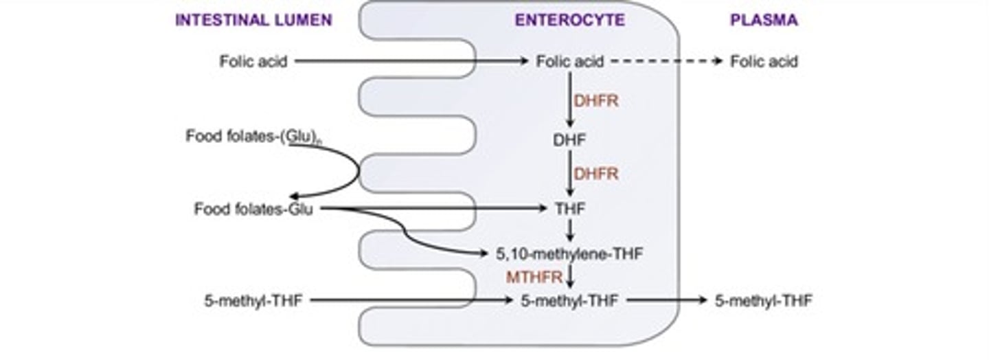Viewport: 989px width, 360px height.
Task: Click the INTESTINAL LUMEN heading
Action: pos(253,21)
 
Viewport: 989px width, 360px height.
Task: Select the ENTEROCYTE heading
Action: pos(570,21)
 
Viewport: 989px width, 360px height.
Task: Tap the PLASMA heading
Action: pos(764,21)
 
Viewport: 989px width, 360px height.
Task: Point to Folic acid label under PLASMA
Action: pos(764,62)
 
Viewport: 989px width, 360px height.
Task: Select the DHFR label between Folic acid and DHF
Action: pos(596,101)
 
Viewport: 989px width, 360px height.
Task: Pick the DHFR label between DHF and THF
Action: pos(596,174)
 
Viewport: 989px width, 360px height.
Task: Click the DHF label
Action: pos(569,140)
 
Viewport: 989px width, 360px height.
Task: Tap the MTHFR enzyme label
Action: pos(535,278)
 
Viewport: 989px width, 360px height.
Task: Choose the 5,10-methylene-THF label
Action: pos(569,254)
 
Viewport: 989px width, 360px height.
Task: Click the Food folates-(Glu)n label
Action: pos(254,137)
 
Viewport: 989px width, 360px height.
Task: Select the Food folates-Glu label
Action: pos(253,209)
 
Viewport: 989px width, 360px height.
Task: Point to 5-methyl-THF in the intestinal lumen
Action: pos(253,300)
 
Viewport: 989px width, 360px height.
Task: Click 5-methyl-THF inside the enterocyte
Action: pos(569,300)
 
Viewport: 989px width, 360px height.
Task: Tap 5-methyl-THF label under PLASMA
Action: pos(764,300)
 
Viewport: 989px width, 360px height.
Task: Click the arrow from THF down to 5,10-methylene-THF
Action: pos(569,230)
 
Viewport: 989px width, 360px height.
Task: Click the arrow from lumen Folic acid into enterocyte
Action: pos(412,61)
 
